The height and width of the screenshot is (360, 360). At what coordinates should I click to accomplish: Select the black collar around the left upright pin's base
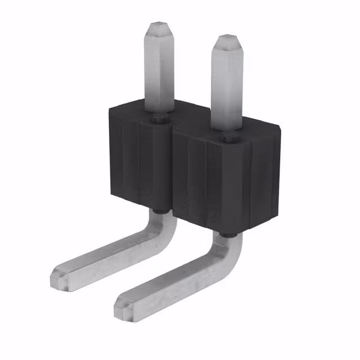point(159,118)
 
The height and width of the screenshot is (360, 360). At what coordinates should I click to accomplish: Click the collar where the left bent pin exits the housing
point(159,211)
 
